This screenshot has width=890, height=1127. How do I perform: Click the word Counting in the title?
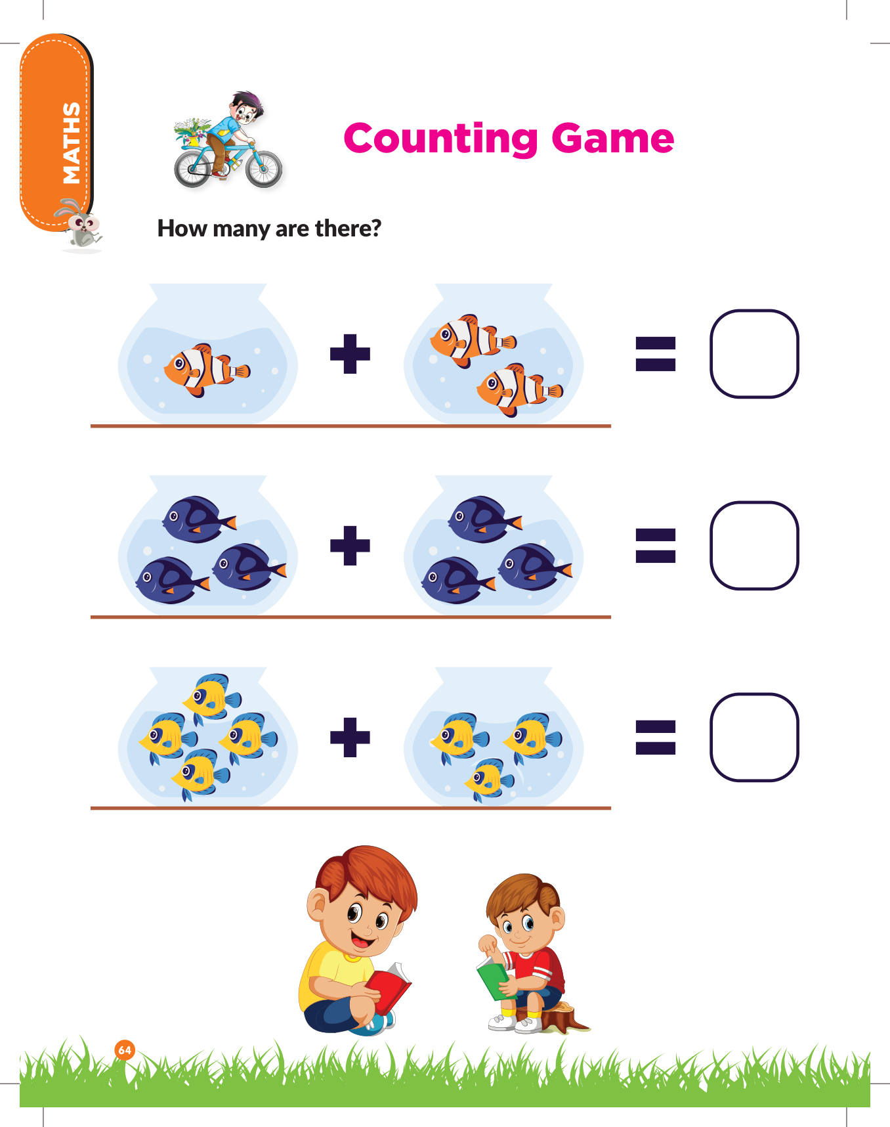click(441, 139)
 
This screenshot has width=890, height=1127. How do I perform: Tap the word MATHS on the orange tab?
click(71, 143)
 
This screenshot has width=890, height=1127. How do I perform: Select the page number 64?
click(125, 1050)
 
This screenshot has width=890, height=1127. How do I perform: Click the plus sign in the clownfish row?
click(350, 354)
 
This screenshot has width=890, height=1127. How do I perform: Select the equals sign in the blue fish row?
click(656, 546)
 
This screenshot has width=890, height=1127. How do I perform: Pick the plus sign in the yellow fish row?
click(350, 737)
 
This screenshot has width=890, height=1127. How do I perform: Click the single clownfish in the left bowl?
click(206, 370)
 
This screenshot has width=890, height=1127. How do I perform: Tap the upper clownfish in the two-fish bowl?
click(471, 339)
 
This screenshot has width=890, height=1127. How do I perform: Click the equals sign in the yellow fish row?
click(656, 737)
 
